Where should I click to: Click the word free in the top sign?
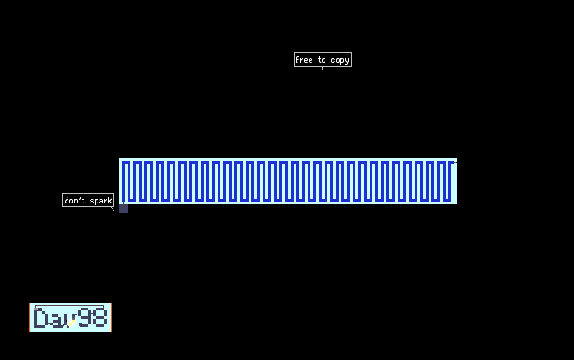coord(304,60)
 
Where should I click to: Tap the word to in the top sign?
coord(322,60)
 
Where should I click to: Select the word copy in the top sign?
coord(340,60)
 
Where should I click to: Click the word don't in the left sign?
coord(74,200)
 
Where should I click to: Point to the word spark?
coord(100,201)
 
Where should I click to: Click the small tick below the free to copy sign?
coord(322,68)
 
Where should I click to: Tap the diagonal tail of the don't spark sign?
coord(113,209)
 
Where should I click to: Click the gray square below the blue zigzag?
coord(124,208)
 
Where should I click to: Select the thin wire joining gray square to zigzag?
coord(123,202)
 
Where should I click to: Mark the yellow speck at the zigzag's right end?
coord(455,163)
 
